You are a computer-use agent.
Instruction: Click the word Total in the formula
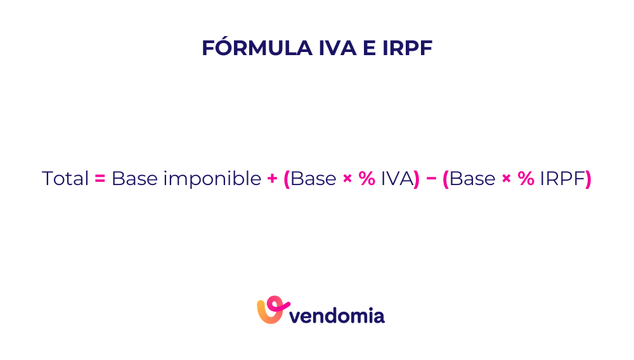click(65, 179)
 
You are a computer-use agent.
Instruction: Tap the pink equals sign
click(100, 179)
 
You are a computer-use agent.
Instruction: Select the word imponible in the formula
click(212, 179)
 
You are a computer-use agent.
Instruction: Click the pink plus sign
click(273, 179)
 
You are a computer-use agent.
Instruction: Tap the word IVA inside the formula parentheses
click(397, 179)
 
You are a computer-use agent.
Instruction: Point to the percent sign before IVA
click(367, 179)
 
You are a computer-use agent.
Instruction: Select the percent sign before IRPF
click(526, 179)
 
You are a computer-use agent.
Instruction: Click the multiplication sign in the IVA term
click(347, 179)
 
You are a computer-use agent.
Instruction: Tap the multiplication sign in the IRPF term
click(506, 179)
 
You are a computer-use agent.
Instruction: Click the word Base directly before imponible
click(134, 179)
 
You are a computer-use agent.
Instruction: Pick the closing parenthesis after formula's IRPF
click(588, 179)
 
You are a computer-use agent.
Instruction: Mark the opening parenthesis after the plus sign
click(287, 179)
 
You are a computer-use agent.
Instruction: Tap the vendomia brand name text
click(338, 314)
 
